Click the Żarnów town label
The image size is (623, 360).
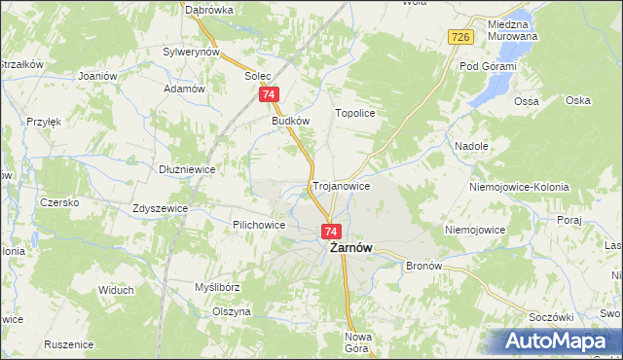pyautogui.click(x=347, y=248)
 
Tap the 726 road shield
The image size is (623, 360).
pyautogui.click(x=461, y=37)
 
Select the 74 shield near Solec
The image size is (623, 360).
pyautogui.click(x=270, y=94)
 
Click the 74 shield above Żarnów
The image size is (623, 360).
pyautogui.click(x=331, y=232)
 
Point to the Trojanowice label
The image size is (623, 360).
pyautogui.click(x=341, y=185)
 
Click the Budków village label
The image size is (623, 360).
pyautogui.click(x=291, y=122)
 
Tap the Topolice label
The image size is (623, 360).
pyautogui.click(x=355, y=113)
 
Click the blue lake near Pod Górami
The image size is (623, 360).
pyautogui.click(x=493, y=92)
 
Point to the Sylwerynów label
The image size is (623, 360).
pyautogui.click(x=192, y=52)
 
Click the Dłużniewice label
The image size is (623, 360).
pyautogui.click(x=187, y=168)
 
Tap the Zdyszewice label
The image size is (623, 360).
pyautogui.click(x=161, y=208)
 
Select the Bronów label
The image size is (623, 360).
pyautogui.click(x=423, y=266)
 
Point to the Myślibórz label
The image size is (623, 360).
pyautogui.click(x=217, y=288)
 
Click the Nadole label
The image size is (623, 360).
pyautogui.click(x=471, y=146)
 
